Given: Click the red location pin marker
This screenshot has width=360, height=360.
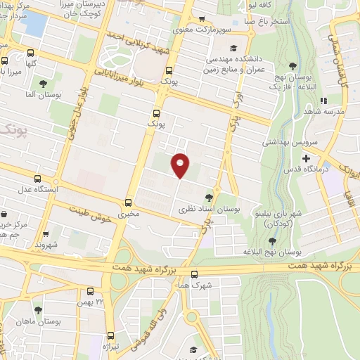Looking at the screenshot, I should coord(181,165).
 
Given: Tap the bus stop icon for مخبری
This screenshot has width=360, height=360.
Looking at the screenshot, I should coord(128,202).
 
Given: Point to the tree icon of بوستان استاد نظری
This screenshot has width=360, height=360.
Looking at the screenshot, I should coord(210,198).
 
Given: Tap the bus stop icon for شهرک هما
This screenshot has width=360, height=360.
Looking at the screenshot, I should coord(194,274).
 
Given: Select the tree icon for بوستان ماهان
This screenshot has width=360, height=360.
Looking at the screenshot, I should coord(37,309).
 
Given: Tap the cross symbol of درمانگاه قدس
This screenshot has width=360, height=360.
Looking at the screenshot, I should coord(306,159).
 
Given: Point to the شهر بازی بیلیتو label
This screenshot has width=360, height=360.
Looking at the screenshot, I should coord(285,214).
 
